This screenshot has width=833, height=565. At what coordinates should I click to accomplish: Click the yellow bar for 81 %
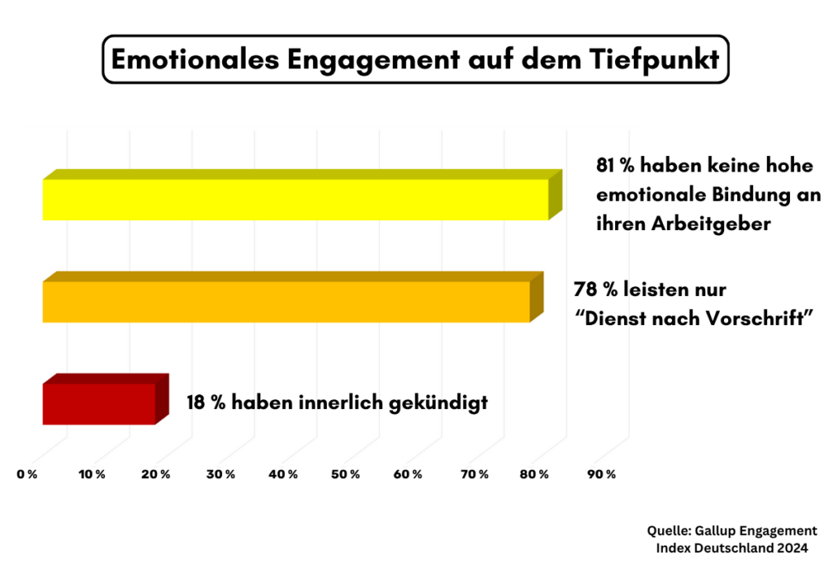[295, 199]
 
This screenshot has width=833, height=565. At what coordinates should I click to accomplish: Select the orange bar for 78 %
[286, 302]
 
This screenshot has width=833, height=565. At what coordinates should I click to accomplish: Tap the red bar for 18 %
[98, 403]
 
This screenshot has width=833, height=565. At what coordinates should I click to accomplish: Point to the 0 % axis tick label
[27, 474]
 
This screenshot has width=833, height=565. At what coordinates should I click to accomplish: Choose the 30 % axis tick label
[220, 474]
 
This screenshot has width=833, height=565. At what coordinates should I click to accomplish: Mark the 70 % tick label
[475, 474]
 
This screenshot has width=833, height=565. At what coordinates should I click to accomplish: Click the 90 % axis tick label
[602, 474]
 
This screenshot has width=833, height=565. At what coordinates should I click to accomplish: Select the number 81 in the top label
[607, 166]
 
